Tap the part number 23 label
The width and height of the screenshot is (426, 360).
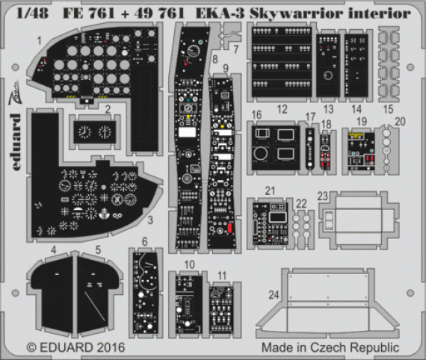point(321,196)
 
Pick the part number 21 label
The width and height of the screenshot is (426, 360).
point(270,191)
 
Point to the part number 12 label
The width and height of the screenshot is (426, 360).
point(282,110)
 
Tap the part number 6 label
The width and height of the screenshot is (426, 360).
point(144,240)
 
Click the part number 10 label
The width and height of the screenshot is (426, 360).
point(190,264)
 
